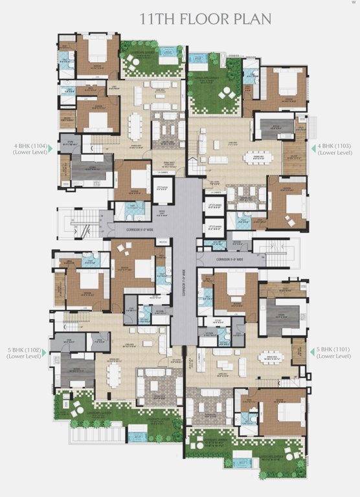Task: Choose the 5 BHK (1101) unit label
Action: point(335,353)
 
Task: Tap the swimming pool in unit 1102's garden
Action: point(137,437)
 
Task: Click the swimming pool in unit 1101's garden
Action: point(242,462)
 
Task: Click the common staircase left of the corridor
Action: point(82,224)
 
